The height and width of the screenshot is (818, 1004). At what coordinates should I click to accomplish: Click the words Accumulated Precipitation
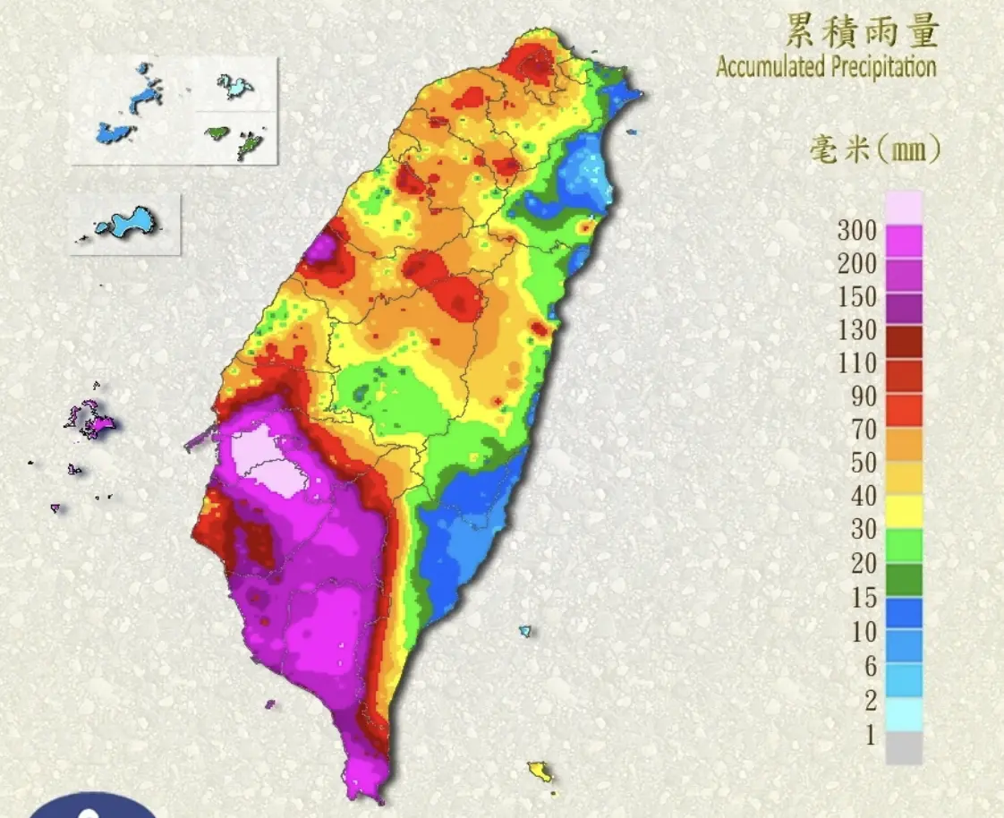(x=825, y=67)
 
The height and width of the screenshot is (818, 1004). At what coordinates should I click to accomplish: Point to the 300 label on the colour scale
(x=856, y=230)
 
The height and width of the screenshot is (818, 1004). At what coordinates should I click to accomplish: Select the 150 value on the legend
(x=856, y=297)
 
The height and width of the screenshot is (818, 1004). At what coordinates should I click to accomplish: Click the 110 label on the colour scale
(x=856, y=363)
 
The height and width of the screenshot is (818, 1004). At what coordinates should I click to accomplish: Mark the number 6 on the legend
(x=870, y=665)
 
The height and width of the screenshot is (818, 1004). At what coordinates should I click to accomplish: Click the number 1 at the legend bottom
(x=870, y=735)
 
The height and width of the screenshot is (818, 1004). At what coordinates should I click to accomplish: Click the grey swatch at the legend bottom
(x=904, y=748)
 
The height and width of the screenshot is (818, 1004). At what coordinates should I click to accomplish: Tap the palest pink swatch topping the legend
(x=904, y=207)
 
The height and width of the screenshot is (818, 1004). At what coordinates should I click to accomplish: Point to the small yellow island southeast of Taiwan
(x=539, y=771)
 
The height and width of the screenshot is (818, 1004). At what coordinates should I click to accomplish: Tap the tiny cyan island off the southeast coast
(x=525, y=631)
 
